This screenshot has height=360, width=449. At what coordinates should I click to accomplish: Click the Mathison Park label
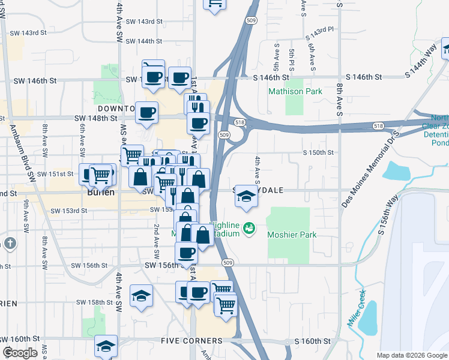(x=295, y=92)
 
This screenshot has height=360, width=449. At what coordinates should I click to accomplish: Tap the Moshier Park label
(x=292, y=235)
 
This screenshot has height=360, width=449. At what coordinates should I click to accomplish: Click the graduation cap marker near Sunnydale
(x=246, y=196)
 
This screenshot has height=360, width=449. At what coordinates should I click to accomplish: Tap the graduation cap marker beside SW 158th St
(x=141, y=295)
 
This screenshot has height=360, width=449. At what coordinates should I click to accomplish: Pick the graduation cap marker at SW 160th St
(x=106, y=346)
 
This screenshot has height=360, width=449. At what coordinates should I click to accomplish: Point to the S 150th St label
(x=318, y=152)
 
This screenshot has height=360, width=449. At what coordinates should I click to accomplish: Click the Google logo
(x=20, y=353)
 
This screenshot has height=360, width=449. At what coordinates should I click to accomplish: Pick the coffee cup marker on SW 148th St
(x=146, y=112)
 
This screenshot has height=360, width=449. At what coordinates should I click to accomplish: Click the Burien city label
(x=99, y=195)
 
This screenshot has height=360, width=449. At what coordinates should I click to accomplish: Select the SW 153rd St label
(x=69, y=211)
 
